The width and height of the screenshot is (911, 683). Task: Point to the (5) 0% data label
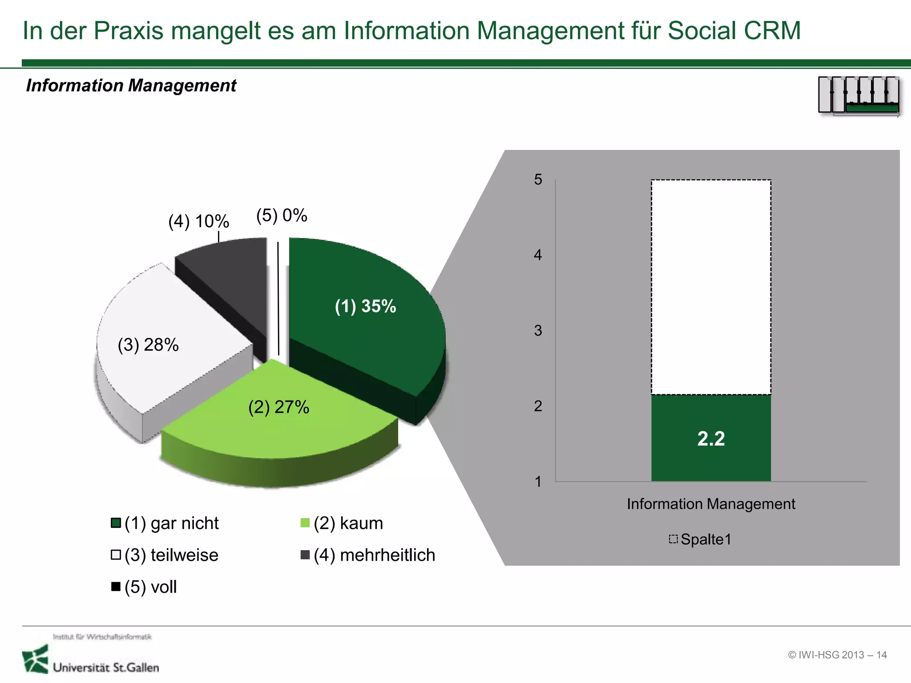point(282,216)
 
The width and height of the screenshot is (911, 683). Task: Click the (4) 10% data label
point(198,221)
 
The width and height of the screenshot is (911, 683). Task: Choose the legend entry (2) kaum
point(342,523)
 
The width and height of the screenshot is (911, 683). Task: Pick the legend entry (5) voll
point(145,587)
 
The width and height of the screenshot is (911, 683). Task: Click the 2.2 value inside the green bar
point(711,439)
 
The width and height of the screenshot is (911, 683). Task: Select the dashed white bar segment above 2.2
point(711,287)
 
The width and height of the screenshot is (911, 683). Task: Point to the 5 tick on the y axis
point(538,180)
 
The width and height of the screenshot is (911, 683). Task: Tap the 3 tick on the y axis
point(538,330)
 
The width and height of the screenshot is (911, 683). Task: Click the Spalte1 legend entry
point(701,539)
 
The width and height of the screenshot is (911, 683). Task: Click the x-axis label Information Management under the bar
point(711,504)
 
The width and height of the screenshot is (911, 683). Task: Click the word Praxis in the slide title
point(129,31)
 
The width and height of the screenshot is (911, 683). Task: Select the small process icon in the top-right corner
point(859,95)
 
